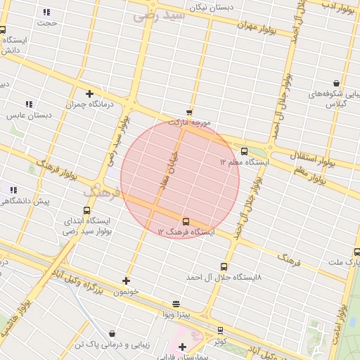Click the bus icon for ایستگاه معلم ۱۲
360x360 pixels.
(244, 151)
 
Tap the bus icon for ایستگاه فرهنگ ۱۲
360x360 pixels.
(186, 221)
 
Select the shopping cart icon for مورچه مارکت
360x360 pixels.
(189, 112)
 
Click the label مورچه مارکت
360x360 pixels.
(195, 122)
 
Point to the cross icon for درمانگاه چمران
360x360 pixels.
(89, 94)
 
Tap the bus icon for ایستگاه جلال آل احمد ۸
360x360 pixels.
(224, 266)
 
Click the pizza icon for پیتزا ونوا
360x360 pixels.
(176, 304)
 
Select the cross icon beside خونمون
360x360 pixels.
(126, 281)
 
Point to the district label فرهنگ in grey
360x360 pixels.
(96, 191)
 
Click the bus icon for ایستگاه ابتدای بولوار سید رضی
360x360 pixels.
(86, 210)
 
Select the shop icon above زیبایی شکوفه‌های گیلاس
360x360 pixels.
(336, 83)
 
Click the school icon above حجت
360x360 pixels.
(46, 12)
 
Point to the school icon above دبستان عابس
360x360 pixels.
(29, 104)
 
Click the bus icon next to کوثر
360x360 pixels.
(220, 330)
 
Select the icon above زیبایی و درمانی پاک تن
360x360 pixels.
(112, 333)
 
